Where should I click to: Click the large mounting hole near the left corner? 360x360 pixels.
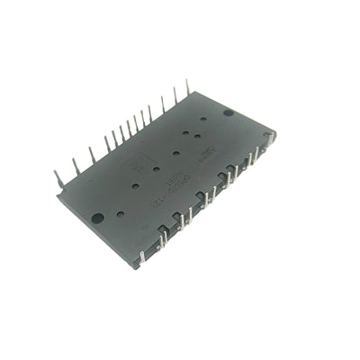click(x=97, y=218)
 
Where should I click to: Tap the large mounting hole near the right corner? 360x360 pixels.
click(x=229, y=113)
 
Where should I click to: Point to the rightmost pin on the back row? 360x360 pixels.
click(x=187, y=87)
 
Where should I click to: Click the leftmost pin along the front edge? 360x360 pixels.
click(x=141, y=258)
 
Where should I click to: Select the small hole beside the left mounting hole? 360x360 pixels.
click(x=120, y=214)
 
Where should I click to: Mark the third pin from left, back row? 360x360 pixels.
click(x=91, y=156)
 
